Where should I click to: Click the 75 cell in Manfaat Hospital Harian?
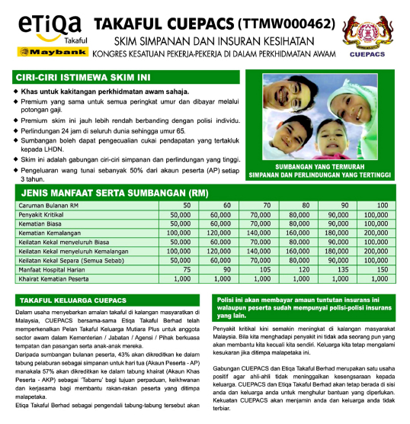coord(185,269)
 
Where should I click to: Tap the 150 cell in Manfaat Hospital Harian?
coord(382,269)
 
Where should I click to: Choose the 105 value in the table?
coord(265,269)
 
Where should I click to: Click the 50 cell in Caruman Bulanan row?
coord(186,206)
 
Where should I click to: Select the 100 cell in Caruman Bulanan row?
coord(382,206)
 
